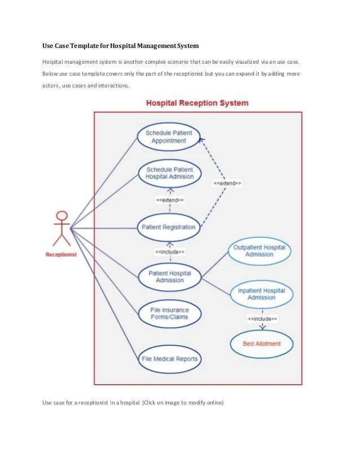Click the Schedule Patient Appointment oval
169,137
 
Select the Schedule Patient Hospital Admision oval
169,173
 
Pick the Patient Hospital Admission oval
169,276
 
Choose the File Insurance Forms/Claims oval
169,313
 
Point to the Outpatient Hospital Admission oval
260,250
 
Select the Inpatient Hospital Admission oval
261,294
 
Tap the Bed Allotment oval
261,343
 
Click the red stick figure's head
62,215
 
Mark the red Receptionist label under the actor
61,254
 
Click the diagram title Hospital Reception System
197,103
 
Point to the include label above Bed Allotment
262,319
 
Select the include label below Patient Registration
170,252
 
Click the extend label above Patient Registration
169,200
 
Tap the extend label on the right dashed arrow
227,183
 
